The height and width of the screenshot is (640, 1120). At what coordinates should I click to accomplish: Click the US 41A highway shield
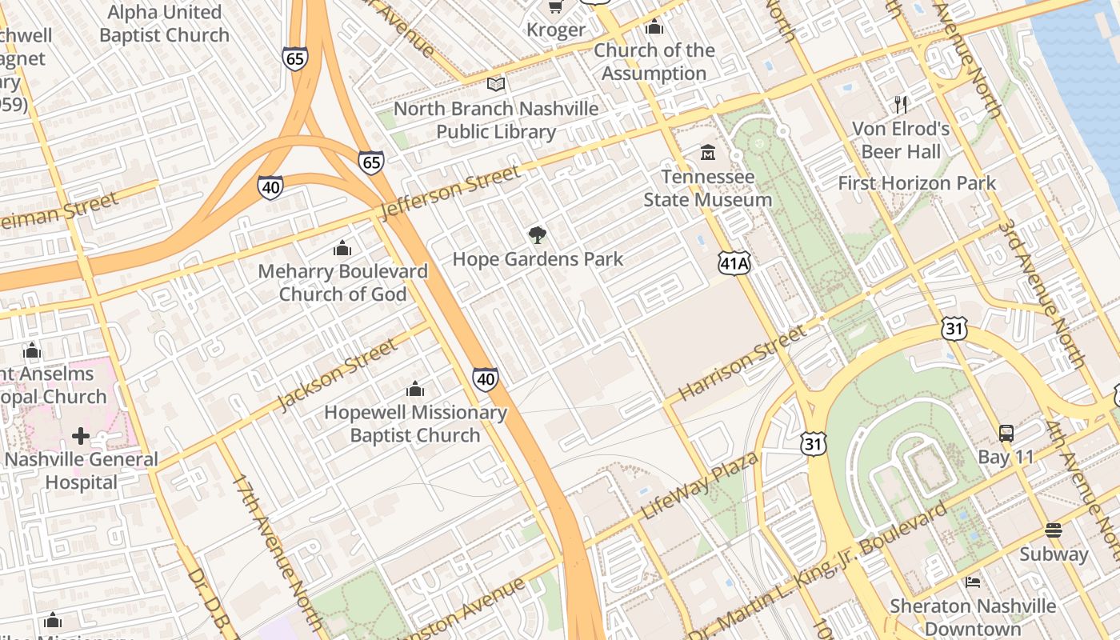tap(734, 263)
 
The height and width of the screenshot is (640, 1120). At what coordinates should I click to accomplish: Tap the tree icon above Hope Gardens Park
tap(538, 235)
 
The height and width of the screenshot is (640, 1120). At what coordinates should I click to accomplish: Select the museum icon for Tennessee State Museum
tap(708, 152)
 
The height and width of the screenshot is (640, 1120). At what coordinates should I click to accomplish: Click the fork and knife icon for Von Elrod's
tap(901, 104)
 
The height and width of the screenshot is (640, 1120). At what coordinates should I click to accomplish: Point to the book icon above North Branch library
tap(496, 84)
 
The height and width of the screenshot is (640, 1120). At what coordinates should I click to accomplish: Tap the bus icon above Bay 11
tap(1006, 434)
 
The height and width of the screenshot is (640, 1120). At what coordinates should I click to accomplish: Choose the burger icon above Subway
tap(1053, 530)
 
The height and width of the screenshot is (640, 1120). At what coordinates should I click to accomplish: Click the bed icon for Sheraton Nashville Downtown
tap(973, 582)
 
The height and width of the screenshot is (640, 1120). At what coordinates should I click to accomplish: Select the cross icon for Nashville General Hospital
tap(81, 436)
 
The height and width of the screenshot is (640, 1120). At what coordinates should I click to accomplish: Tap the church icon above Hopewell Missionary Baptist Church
tap(415, 390)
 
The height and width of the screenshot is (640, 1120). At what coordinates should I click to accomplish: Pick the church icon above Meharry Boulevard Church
tap(342, 248)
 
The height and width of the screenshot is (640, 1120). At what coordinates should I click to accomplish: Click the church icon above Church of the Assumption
tap(654, 27)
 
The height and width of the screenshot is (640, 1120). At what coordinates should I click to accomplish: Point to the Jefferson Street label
tap(450, 194)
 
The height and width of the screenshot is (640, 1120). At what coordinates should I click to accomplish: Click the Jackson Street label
tap(338, 374)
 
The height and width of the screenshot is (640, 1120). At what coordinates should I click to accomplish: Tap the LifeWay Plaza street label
tap(699, 485)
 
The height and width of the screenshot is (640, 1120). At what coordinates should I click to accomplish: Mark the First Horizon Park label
tap(917, 183)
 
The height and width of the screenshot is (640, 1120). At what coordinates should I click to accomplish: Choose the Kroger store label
tap(556, 30)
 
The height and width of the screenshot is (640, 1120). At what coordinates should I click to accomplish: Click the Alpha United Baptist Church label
tap(164, 24)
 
